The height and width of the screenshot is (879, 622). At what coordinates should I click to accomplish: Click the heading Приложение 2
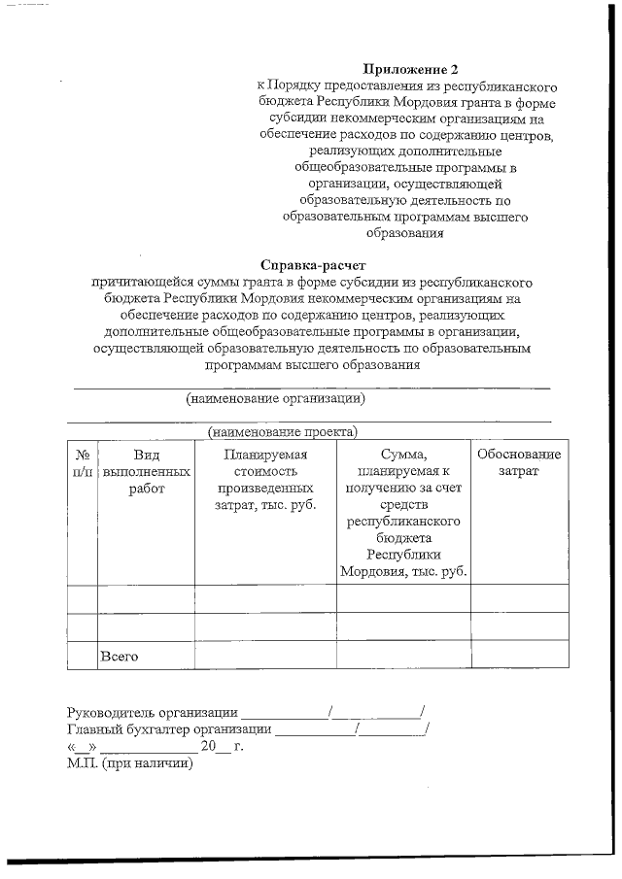409,69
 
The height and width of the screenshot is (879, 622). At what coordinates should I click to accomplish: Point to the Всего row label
120,657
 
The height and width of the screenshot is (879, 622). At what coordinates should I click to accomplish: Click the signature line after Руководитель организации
284,715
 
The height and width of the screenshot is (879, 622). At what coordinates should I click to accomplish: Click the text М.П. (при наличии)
130,763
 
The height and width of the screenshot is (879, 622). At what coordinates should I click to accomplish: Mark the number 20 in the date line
208,747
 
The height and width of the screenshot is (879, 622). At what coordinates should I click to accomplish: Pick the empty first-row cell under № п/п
82,598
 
